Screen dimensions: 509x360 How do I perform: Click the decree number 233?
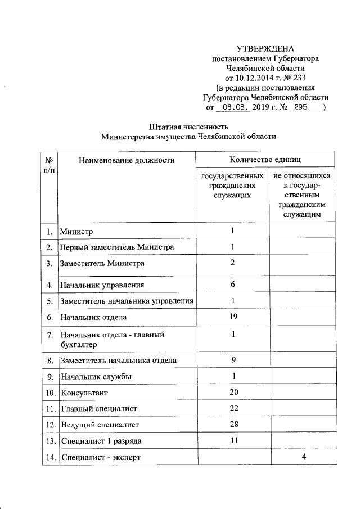tap(298, 78)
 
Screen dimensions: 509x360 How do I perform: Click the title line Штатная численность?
tap(188, 126)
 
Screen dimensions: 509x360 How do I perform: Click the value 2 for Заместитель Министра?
tap(232, 263)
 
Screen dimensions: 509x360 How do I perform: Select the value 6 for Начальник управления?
tap(232, 285)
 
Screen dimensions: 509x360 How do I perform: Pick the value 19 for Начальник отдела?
tap(232, 317)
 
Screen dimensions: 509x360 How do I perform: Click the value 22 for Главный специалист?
tap(232, 407)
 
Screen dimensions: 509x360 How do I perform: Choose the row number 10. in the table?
tap(49, 392)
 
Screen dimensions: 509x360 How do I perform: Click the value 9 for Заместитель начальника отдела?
tap(232, 360)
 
